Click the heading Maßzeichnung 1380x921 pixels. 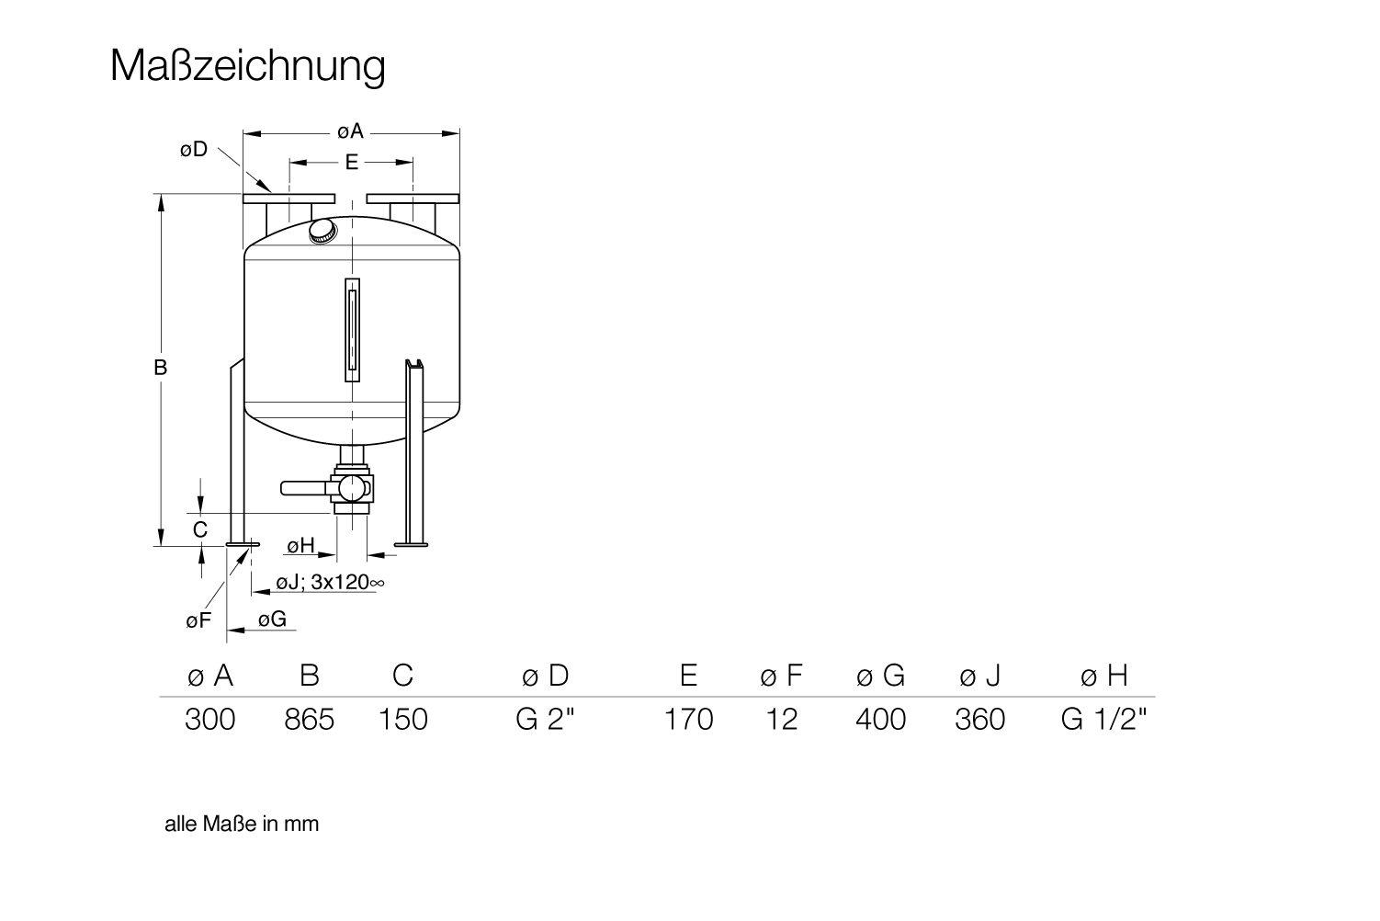(248, 66)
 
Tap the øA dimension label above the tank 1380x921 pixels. (351, 131)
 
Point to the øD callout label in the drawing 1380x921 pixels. (194, 149)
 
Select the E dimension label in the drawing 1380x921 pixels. (352, 162)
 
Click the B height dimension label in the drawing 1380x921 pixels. (160, 368)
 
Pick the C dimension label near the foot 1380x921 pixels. (200, 529)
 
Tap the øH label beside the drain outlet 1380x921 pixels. (301, 546)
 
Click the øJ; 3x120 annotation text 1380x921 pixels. (330, 582)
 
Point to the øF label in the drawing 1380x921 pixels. (198, 620)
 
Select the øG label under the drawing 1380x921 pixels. (272, 619)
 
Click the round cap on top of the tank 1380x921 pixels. (322, 232)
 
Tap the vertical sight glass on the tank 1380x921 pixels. (353, 330)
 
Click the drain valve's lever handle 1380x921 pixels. (303, 488)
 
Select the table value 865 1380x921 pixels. (310, 720)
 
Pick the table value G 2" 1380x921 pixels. (545, 719)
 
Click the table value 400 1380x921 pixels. (881, 720)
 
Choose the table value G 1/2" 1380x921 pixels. (1104, 719)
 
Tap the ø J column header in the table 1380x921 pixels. (979, 676)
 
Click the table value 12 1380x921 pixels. (782, 720)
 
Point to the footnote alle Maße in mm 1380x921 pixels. (243, 824)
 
